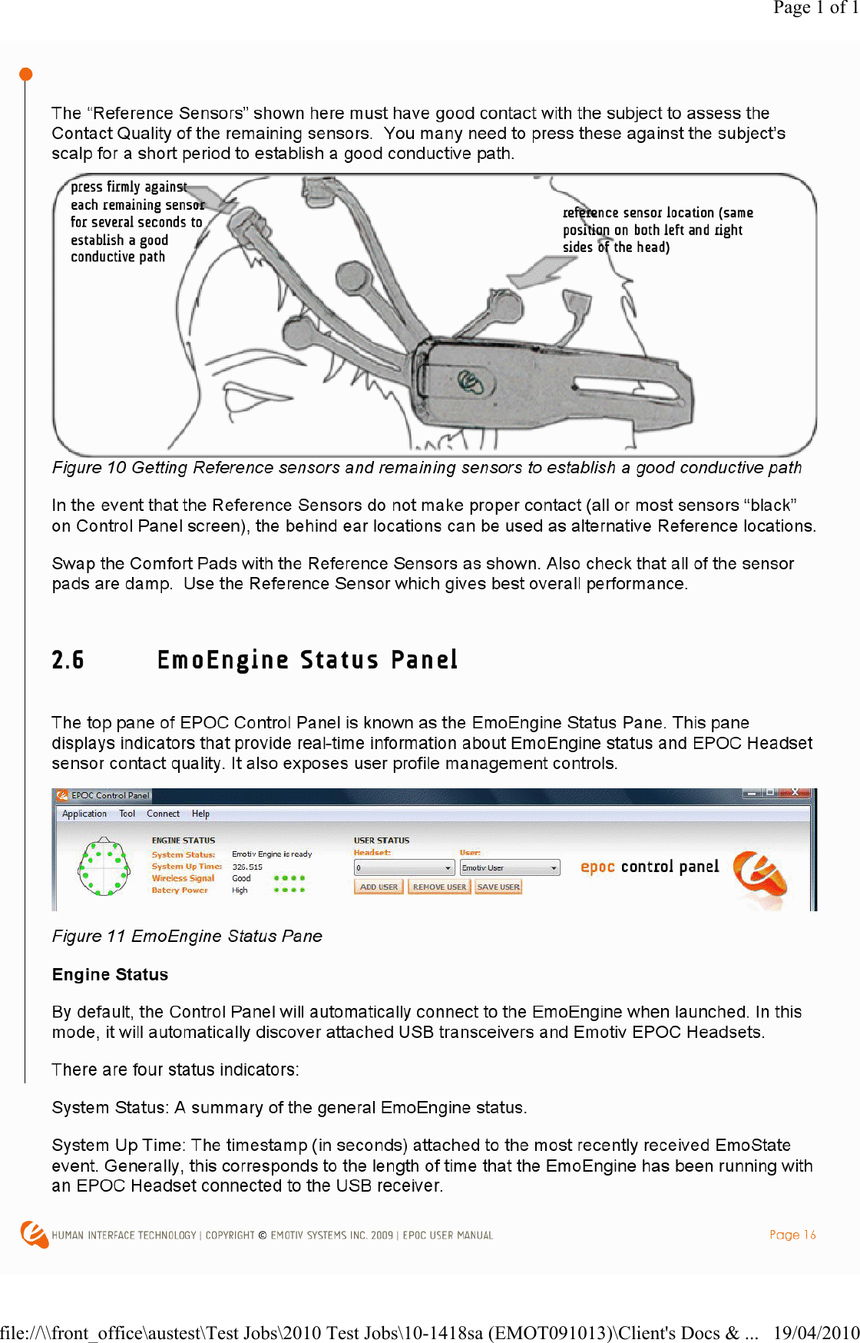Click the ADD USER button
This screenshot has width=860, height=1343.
point(379,887)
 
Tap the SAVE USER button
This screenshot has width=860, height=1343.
point(498,887)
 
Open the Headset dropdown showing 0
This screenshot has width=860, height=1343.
point(405,868)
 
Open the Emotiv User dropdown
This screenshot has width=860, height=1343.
point(510,868)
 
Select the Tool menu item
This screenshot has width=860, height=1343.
point(127,814)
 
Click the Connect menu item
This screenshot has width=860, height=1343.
point(163,814)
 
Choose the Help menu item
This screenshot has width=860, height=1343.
point(200,814)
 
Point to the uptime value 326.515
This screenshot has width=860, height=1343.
point(247,867)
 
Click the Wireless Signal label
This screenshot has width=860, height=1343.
point(183,878)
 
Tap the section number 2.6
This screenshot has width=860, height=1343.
point(68,660)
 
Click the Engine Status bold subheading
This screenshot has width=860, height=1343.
point(110,974)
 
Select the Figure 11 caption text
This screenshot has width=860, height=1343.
point(187,936)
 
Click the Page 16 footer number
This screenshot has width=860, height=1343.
point(792,1235)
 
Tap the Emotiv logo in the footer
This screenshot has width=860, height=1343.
point(34,1234)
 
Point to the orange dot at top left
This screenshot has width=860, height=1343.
point(25,75)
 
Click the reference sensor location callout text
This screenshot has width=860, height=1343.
point(657,230)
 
